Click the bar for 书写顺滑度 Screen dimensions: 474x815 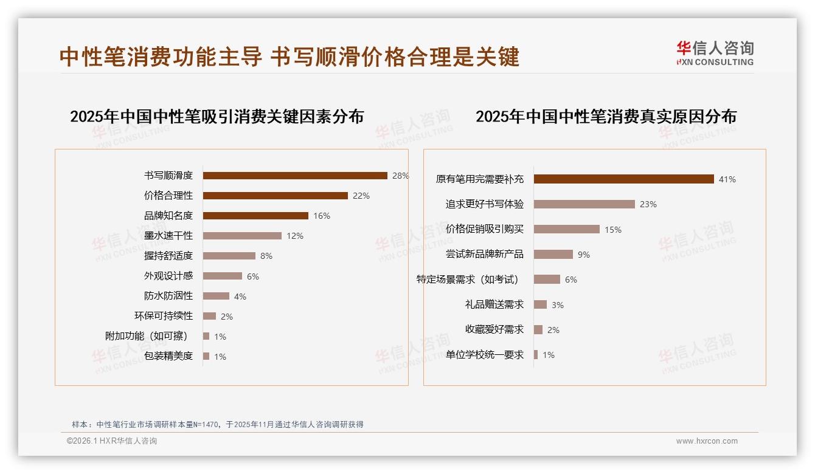pyautogui.click(x=295, y=176)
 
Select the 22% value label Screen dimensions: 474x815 pyautogui.click(x=361, y=196)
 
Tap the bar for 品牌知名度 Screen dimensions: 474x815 pyautogui.click(x=255, y=216)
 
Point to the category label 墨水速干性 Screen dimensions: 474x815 pyautogui.click(x=168, y=236)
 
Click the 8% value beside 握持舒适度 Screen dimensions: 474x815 pyautogui.click(x=266, y=256)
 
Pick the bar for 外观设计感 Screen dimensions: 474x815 pyautogui.click(x=222, y=276)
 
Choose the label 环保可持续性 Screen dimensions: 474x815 pyautogui.click(x=163, y=316)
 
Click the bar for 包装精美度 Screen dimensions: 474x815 pyautogui.click(x=206, y=356)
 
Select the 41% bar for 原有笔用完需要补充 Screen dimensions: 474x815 pyautogui.click(x=623, y=179)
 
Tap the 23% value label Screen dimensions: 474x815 pyautogui.click(x=648, y=204)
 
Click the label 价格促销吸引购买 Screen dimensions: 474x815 pyautogui.click(x=484, y=229)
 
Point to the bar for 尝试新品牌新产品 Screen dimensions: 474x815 pyautogui.click(x=553, y=255)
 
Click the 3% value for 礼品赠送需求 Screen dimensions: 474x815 pyautogui.click(x=558, y=305)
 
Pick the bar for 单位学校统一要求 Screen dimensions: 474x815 pyautogui.click(x=536, y=354)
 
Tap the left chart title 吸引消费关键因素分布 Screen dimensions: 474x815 pyautogui.click(x=217, y=116)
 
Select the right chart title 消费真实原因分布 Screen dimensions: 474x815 pyautogui.click(x=606, y=116)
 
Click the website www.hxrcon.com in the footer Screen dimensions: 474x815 pyautogui.click(x=707, y=441)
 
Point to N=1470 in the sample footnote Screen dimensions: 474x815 pyautogui.click(x=207, y=424)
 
